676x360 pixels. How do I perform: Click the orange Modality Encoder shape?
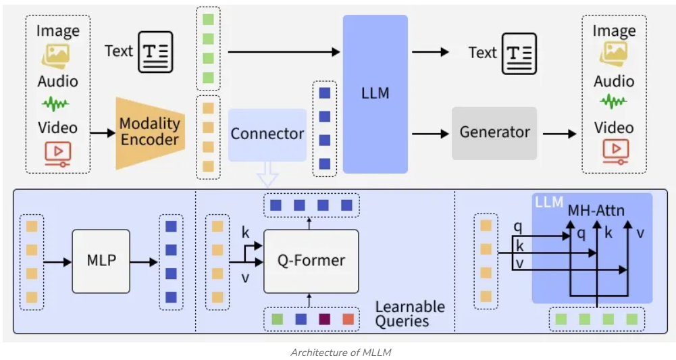coord(150,132)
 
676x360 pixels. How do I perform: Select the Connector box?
coord(267,134)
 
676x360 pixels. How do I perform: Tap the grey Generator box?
coord(494,132)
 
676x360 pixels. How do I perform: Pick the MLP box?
coord(101,261)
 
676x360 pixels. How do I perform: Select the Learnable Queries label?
coord(410,313)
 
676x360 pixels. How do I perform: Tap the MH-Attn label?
coord(596,210)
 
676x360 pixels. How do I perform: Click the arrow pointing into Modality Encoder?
coord(102,133)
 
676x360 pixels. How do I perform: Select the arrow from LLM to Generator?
coord(430,133)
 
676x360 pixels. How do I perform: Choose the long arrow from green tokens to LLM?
coord(284,51)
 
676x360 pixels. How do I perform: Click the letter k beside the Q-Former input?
coord(245,233)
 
